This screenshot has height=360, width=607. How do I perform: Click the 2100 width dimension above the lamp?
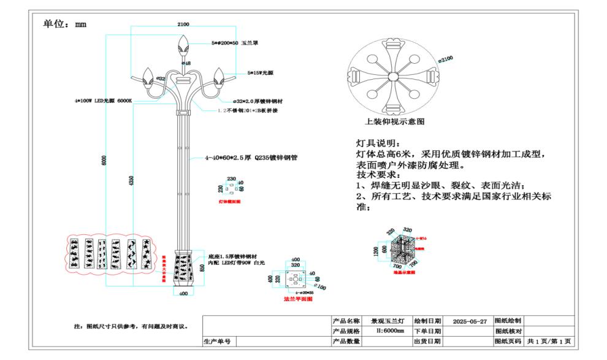point(183,25)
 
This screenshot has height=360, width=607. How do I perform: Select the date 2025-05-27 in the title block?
point(470,321)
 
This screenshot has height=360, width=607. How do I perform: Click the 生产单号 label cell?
point(218,342)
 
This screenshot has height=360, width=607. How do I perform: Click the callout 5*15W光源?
point(260,72)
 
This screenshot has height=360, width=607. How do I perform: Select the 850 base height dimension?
point(202,268)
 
